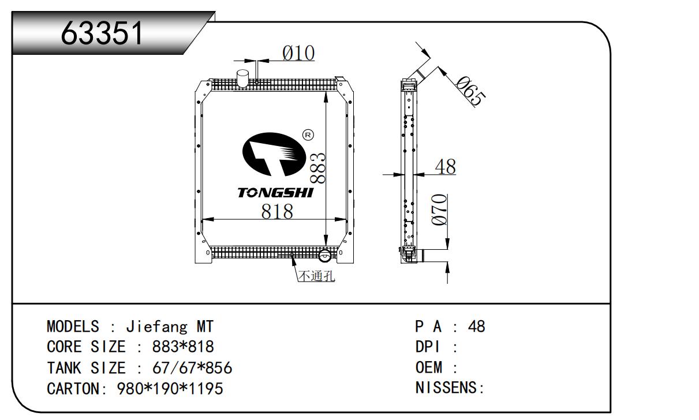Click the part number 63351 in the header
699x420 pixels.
coord(102,34)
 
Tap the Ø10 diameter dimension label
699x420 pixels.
coord(298,53)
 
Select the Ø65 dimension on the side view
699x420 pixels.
coord(469,90)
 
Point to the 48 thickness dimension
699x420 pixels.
coord(445,167)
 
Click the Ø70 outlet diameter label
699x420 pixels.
coord(440,210)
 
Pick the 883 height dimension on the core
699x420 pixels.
coord(318,168)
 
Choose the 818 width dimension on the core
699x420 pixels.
coord(277,212)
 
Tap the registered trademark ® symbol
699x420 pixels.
coord(308,135)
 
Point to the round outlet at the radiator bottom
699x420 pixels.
coord(325,254)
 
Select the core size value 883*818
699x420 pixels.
coord(182,347)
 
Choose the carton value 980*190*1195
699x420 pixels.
coord(170,389)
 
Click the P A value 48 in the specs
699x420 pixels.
coord(477,327)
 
